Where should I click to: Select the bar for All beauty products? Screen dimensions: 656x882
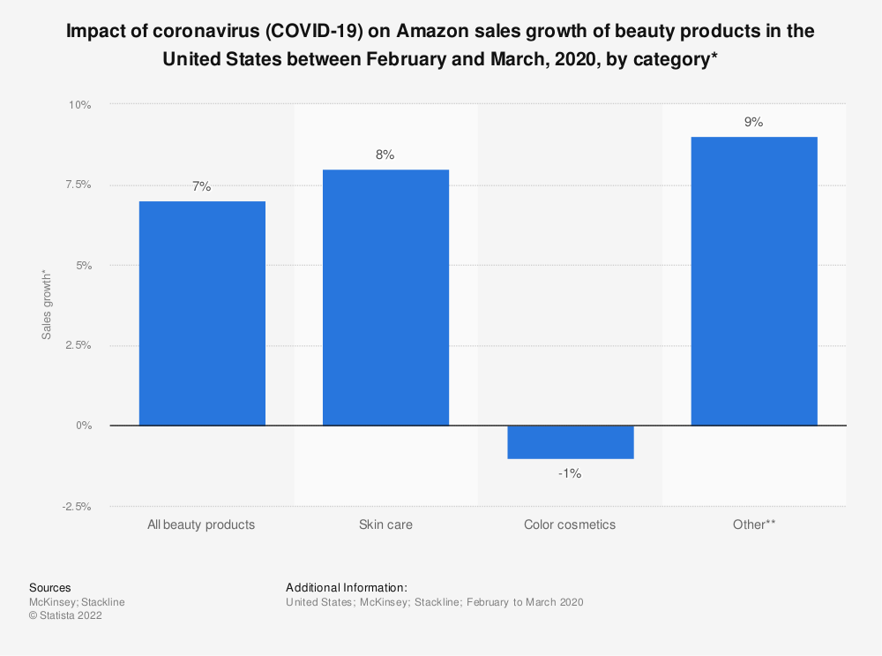202,313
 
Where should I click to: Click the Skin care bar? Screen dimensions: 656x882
385,298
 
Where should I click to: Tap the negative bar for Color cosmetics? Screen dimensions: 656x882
570,442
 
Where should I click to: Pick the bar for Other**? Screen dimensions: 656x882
753,281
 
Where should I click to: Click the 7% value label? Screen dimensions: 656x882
202,186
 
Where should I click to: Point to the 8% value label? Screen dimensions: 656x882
385,155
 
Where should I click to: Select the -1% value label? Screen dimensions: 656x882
570,474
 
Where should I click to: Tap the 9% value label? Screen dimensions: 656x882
753,123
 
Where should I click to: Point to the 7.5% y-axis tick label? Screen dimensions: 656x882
76,185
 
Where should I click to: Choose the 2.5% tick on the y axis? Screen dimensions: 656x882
76,345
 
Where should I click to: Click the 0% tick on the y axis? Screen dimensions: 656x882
83,426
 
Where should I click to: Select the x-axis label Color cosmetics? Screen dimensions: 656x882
570,524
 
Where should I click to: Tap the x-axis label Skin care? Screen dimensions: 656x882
385,524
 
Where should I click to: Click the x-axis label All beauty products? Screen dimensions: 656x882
202,524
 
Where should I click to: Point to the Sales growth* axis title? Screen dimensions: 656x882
46,305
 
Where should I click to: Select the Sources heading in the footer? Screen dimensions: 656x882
50,587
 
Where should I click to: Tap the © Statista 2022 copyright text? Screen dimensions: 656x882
65,616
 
